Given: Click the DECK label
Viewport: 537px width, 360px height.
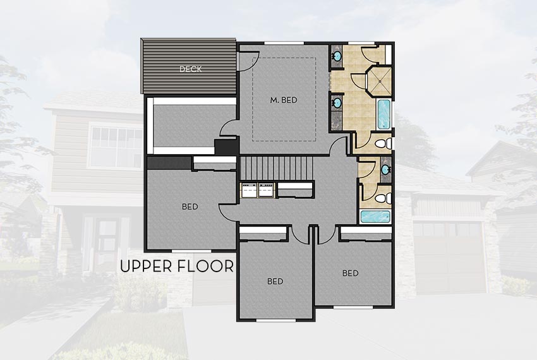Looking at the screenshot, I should tap(190, 69).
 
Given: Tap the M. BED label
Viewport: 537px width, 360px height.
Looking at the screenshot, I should tap(284, 100).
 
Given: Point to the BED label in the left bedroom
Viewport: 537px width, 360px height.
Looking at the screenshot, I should tap(190, 207).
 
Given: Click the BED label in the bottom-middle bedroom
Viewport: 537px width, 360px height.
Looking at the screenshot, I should tap(275, 281).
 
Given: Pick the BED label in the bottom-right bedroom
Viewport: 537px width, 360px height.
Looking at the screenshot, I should tap(351, 273).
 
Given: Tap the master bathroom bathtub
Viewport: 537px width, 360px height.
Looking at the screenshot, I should tap(383, 114).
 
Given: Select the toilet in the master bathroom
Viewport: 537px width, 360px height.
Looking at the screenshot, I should tap(381, 144).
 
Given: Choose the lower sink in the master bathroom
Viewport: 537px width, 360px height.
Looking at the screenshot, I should tap(337, 101).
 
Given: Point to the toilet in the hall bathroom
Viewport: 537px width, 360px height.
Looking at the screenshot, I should tap(381, 198).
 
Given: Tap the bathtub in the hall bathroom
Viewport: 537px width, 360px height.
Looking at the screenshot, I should tap(375, 217).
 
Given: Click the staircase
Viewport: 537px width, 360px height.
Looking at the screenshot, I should tap(276, 169).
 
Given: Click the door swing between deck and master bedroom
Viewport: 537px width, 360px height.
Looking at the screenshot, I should tap(246, 60).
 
